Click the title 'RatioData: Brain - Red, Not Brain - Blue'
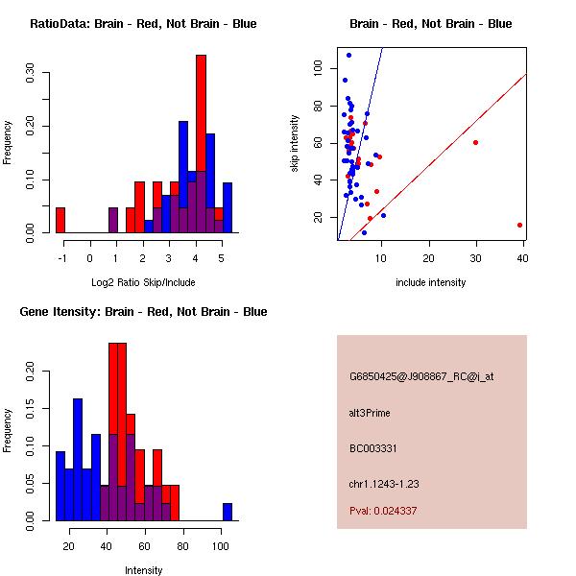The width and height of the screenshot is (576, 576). (x=143, y=23)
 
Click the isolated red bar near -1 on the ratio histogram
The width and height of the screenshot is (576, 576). (x=60, y=220)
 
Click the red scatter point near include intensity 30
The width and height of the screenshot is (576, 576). (x=476, y=142)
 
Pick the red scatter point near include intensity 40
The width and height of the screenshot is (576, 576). (x=519, y=225)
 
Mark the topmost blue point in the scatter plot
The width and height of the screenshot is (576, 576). (x=348, y=55)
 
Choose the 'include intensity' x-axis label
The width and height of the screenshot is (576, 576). (x=431, y=282)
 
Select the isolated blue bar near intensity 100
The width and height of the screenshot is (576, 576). (x=228, y=512)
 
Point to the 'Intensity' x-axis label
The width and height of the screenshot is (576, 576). (x=143, y=570)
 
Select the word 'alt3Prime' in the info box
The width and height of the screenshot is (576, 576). (x=370, y=413)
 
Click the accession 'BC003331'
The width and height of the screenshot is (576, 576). (x=370, y=447)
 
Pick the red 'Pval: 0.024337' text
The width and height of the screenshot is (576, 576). (x=383, y=511)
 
